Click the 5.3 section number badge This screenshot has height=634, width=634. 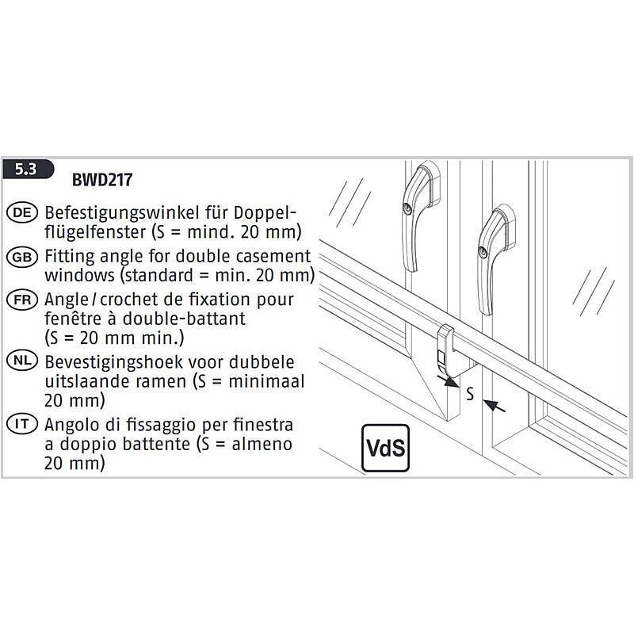(27, 170)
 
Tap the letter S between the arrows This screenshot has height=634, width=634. (470, 394)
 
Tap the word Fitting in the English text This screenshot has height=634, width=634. (69, 258)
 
